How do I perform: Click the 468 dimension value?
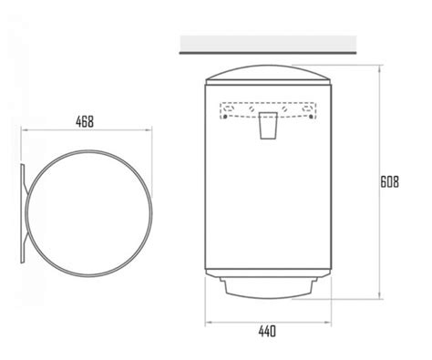[x=85, y=121]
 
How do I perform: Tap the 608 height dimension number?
[x=390, y=182]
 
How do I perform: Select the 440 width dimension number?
[x=267, y=331]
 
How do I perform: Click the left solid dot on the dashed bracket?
[x=225, y=117]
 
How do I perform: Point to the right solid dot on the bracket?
[x=311, y=117]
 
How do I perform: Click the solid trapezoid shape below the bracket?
[x=268, y=126]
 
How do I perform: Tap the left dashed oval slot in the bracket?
[x=229, y=108]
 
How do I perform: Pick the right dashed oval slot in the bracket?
[x=307, y=108]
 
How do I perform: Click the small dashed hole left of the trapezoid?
[x=252, y=108]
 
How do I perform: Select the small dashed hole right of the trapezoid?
[x=284, y=108]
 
